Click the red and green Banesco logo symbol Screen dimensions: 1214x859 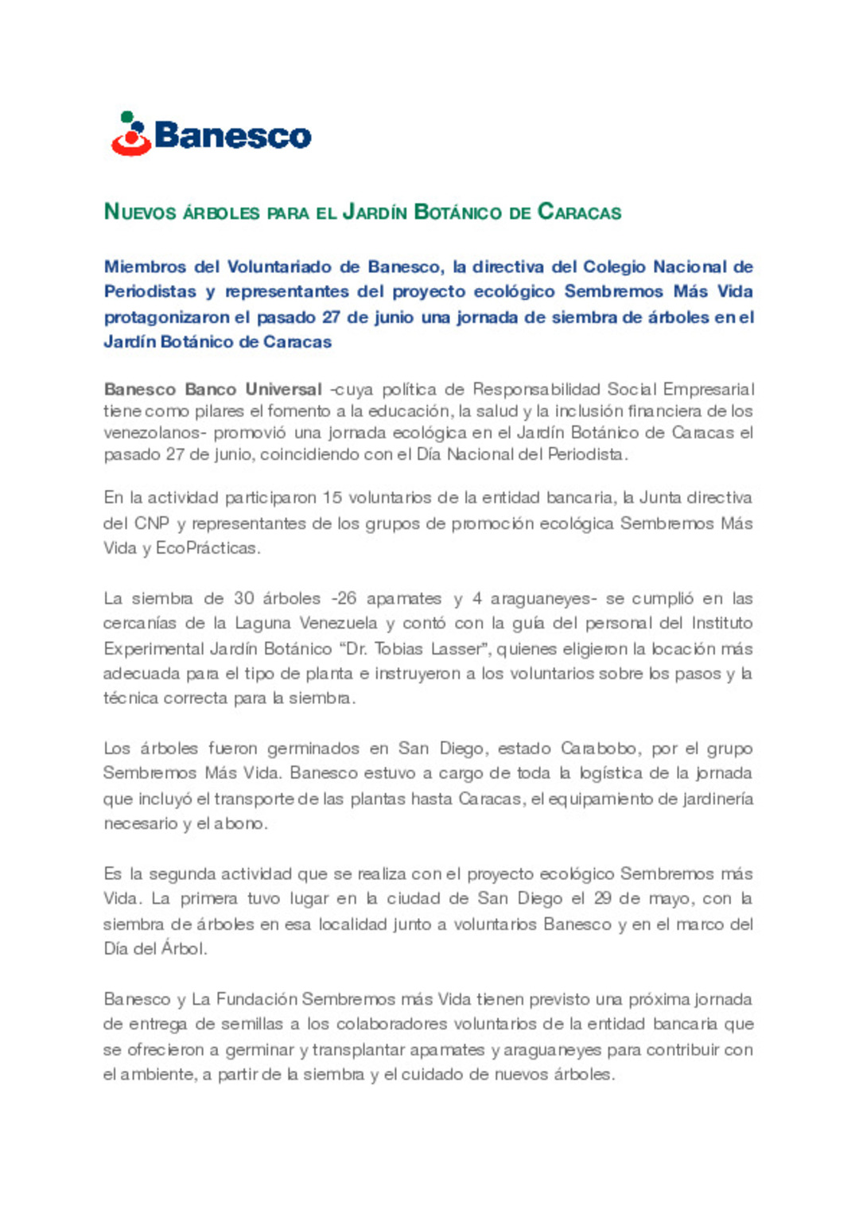(131, 134)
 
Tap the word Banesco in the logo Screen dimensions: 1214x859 (232, 136)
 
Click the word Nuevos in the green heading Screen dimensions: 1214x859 (141, 212)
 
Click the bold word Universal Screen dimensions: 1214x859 (283, 389)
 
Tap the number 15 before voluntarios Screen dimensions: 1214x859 (332, 498)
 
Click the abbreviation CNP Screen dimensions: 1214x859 (151, 523)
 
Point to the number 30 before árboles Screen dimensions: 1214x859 (243, 598)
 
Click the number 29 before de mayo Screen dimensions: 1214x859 (602, 898)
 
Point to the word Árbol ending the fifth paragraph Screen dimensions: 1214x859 (183, 948)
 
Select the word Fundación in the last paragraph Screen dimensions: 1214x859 (256, 999)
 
